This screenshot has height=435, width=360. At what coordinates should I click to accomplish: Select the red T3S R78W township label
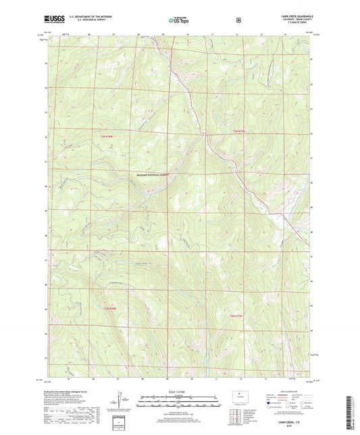pyautogui.click(x=116, y=308)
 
